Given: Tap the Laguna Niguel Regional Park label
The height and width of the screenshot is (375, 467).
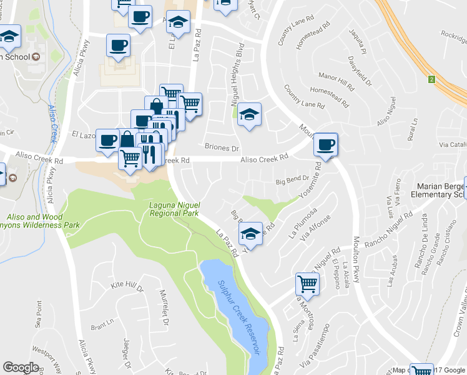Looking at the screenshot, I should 174,209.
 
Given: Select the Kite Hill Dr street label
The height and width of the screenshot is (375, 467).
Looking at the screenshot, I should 127,287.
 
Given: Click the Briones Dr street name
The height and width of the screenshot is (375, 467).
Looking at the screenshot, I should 222,148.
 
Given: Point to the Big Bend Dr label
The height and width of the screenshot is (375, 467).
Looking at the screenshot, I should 293,180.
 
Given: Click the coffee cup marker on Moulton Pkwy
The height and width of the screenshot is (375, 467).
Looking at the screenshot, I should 325,145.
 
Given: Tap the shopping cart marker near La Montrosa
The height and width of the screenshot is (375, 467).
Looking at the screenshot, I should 308,284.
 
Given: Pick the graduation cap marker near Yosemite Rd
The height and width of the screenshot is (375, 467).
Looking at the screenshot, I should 250,234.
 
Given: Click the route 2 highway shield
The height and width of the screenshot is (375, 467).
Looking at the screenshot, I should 431,79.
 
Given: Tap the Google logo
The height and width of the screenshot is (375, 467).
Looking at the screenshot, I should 21,367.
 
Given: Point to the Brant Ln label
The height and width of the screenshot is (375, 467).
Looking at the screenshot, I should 100,327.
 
